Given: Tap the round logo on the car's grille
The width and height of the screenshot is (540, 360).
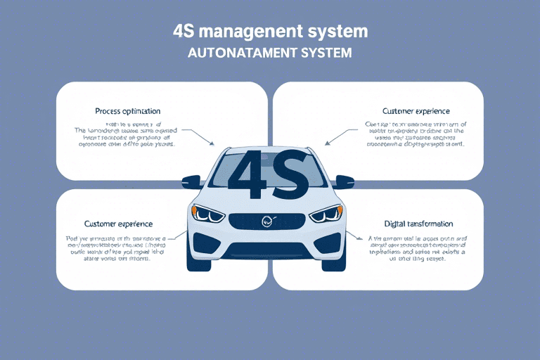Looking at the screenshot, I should point(267,221).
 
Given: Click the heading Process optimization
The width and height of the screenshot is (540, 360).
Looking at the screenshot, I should point(127,111).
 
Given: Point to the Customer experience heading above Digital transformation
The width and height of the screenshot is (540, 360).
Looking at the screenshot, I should point(416,111).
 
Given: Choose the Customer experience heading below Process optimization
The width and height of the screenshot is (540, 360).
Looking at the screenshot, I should point(118,224).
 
